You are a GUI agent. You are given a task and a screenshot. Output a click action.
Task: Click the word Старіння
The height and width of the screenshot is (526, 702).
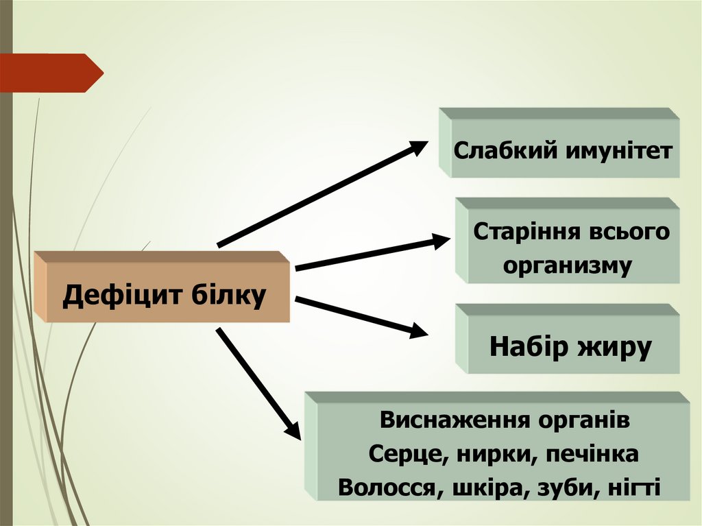tap(524, 232)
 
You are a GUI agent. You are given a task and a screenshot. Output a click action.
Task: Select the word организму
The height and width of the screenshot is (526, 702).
tap(567, 265)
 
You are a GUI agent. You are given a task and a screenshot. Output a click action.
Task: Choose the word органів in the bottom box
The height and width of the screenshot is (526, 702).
tap(583, 420)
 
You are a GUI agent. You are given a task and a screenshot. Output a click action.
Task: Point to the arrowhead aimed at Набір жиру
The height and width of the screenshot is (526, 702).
tap(417, 331)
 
